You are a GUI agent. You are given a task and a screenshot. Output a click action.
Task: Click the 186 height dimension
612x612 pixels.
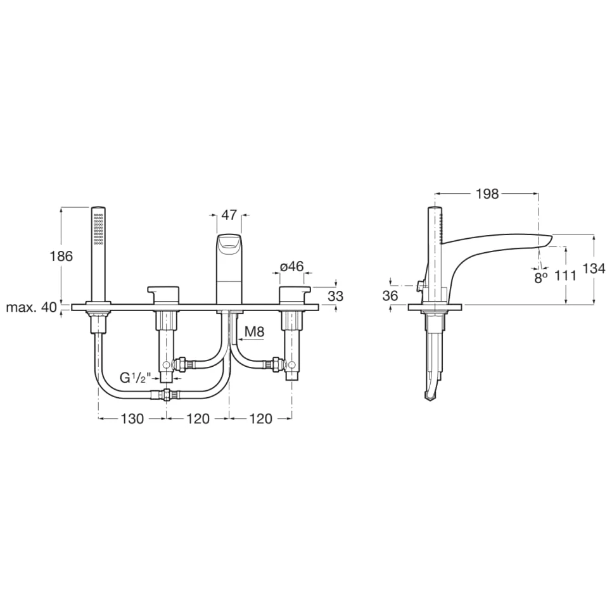tap(61, 257)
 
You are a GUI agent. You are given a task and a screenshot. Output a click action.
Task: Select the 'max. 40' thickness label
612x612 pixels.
tap(31, 308)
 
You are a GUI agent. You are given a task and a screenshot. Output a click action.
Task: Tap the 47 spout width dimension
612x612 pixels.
tap(229, 215)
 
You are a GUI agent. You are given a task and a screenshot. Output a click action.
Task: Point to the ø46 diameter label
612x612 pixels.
tap(291, 266)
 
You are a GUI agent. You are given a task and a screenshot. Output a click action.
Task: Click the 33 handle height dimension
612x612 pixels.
tap(336, 295)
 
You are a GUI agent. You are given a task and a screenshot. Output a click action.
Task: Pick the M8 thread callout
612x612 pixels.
tap(253, 331)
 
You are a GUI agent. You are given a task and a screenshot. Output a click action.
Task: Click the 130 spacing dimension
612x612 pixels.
tap(132, 419)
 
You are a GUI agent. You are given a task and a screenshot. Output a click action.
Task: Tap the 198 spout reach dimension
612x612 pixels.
tap(487, 194)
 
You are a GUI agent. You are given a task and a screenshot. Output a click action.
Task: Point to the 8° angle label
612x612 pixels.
tap(540, 277)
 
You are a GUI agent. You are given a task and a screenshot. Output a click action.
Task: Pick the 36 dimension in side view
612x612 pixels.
tap(390, 295)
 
